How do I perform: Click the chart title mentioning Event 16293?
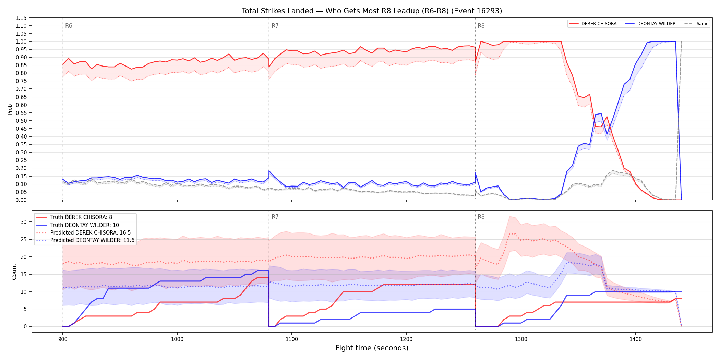click(372, 11)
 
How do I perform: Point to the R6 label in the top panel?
click(69, 26)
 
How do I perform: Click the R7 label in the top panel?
click(275, 26)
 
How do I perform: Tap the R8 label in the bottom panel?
click(481, 217)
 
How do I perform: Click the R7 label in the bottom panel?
click(275, 217)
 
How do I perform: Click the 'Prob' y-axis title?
click(10, 109)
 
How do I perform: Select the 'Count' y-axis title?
click(14, 272)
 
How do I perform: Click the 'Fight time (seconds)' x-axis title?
click(372, 348)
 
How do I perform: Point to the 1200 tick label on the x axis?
click(406, 339)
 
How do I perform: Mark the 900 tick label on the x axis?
click(62, 339)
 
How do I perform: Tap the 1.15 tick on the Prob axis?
click(21, 18)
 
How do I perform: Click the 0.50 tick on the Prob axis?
click(21, 121)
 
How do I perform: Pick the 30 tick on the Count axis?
click(24, 222)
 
